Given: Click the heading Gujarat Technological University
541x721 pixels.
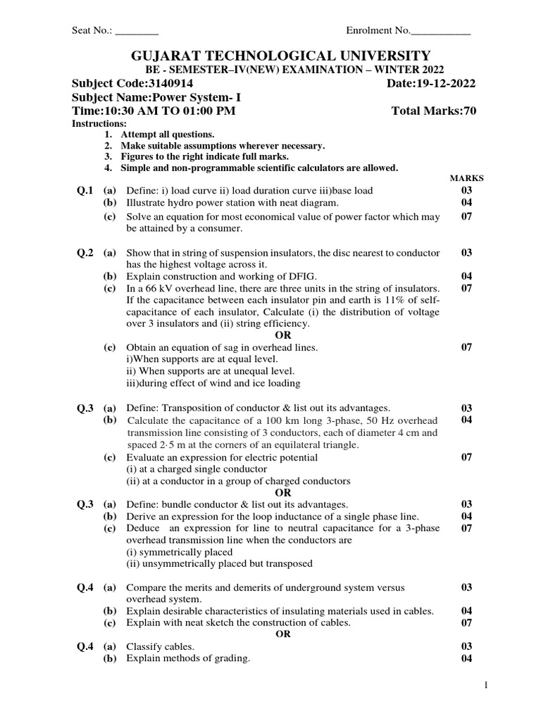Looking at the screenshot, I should click(x=270, y=56).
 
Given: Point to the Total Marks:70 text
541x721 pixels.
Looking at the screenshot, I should click(x=433, y=111).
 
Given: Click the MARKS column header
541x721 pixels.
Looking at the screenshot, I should click(x=466, y=179).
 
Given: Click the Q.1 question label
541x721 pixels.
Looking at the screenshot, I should click(x=85, y=191).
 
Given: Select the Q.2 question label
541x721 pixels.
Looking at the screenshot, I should click(x=85, y=253).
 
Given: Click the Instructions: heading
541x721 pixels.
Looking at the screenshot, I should click(x=100, y=124).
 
